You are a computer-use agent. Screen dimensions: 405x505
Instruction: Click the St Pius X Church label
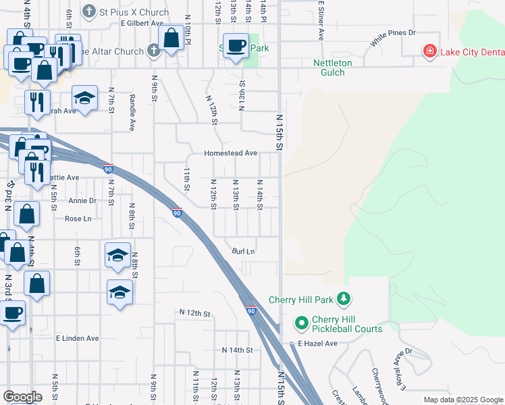click(134, 11)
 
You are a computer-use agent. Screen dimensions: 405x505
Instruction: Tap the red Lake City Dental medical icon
click(428, 51)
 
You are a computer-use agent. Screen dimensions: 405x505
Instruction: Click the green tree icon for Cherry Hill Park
click(344, 298)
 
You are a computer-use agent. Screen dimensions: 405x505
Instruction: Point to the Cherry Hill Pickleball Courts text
click(347, 324)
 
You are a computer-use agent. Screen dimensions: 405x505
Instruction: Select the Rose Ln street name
click(78, 219)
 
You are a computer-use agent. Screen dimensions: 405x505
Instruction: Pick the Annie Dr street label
click(82, 200)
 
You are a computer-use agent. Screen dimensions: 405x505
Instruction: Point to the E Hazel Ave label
click(317, 344)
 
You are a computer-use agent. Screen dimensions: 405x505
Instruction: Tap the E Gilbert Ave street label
click(142, 23)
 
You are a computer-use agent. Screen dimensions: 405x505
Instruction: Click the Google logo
click(22, 397)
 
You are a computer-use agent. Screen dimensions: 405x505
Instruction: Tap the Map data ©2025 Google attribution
click(462, 400)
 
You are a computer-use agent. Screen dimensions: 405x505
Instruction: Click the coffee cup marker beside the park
click(236, 46)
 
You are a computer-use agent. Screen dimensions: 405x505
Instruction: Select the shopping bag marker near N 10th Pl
click(171, 38)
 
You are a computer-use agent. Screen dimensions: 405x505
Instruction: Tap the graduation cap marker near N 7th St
click(84, 99)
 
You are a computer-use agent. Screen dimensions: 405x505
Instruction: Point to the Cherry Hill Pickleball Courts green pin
click(301, 324)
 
